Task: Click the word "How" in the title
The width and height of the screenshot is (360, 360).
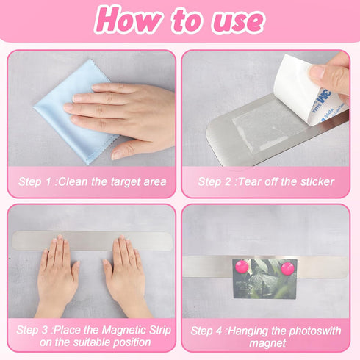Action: (x=128, y=19)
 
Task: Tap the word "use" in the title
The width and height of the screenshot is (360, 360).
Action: (x=238, y=21)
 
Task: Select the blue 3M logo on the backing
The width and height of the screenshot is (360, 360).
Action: (x=323, y=97)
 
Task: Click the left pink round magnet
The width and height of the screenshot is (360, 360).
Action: (x=242, y=267)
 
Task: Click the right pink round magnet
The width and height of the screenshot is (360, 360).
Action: (x=288, y=269)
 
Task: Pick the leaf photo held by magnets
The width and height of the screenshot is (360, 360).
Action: (x=264, y=278)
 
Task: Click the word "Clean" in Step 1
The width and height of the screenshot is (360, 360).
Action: (x=73, y=181)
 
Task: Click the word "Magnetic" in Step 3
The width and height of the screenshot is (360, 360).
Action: (x=124, y=331)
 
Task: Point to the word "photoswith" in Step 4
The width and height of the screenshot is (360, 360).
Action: (x=315, y=331)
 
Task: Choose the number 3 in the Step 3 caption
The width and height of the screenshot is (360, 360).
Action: (x=45, y=330)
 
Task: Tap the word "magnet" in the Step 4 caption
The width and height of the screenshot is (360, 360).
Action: (x=267, y=343)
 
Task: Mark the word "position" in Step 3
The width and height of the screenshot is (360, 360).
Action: (x=130, y=342)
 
